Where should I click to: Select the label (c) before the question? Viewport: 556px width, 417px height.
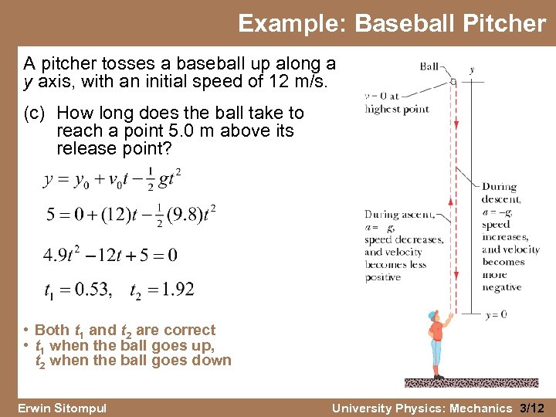click(x=36, y=114)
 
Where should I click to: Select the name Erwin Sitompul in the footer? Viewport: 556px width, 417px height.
click(x=62, y=408)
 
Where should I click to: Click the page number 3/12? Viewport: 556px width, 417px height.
click(x=532, y=408)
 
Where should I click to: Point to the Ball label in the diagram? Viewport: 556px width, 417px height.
click(x=430, y=66)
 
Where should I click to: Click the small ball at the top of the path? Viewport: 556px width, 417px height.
click(x=453, y=80)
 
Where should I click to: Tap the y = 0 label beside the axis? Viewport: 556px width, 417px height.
click(x=497, y=314)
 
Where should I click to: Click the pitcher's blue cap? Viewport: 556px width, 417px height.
click(x=432, y=315)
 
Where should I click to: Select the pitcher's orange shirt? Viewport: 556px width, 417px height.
click(x=436, y=332)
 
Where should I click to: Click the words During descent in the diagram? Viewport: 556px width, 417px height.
click(x=500, y=193)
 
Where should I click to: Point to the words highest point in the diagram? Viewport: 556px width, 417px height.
click(x=397, y=109)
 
